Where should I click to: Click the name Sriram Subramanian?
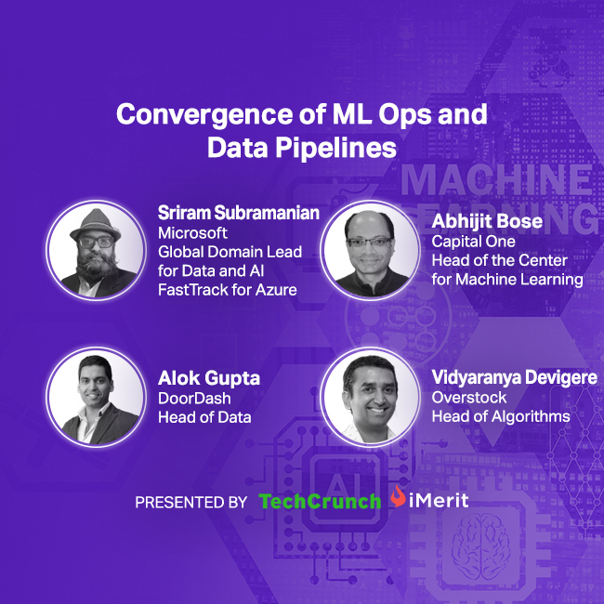pos(238,214)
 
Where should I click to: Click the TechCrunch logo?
pos(320,502)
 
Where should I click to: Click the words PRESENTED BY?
pos(190,503)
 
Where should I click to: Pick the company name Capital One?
pos(473,242)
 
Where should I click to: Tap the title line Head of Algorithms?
pos(500,416)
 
